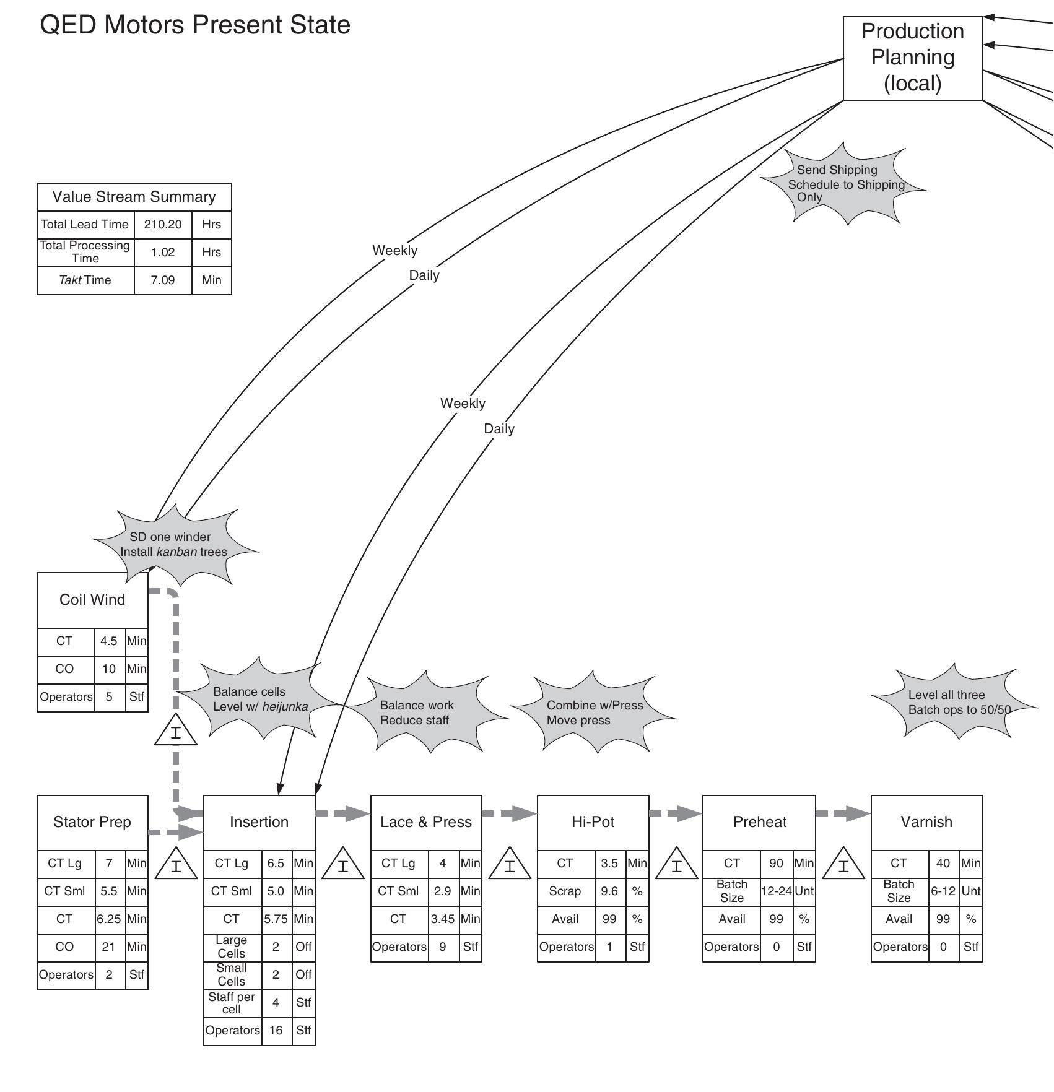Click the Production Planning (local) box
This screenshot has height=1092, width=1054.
(912, 58)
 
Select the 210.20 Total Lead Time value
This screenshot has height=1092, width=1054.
(163, 224)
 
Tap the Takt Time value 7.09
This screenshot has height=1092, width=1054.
(163, 280)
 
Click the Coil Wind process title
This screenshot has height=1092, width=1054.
(92, 599)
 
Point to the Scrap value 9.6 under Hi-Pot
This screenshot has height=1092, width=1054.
(609, 891)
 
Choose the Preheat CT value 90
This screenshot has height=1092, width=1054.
(776, 863)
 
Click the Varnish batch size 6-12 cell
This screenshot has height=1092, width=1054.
(943, 891)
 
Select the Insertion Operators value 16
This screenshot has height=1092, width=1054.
(276, 1030)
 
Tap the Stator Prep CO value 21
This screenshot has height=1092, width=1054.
(109, 947)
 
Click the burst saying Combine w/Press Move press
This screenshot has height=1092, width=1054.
(593, 713)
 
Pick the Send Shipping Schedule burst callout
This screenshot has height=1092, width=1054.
(843, 184)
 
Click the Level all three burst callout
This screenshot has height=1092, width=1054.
(954, 702)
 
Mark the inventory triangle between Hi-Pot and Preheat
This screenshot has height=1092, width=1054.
(676, 865)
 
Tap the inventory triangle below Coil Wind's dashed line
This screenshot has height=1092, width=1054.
(176, 732)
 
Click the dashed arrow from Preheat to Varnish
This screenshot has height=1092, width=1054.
(843, 813)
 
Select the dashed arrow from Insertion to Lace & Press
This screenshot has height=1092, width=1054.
(342, 813)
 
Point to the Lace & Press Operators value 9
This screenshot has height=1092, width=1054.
(443, 947)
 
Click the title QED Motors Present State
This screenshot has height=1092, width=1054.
(195, 25)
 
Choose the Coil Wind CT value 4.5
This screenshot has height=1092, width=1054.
(109, 641)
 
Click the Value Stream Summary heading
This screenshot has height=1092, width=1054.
(134, 197)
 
